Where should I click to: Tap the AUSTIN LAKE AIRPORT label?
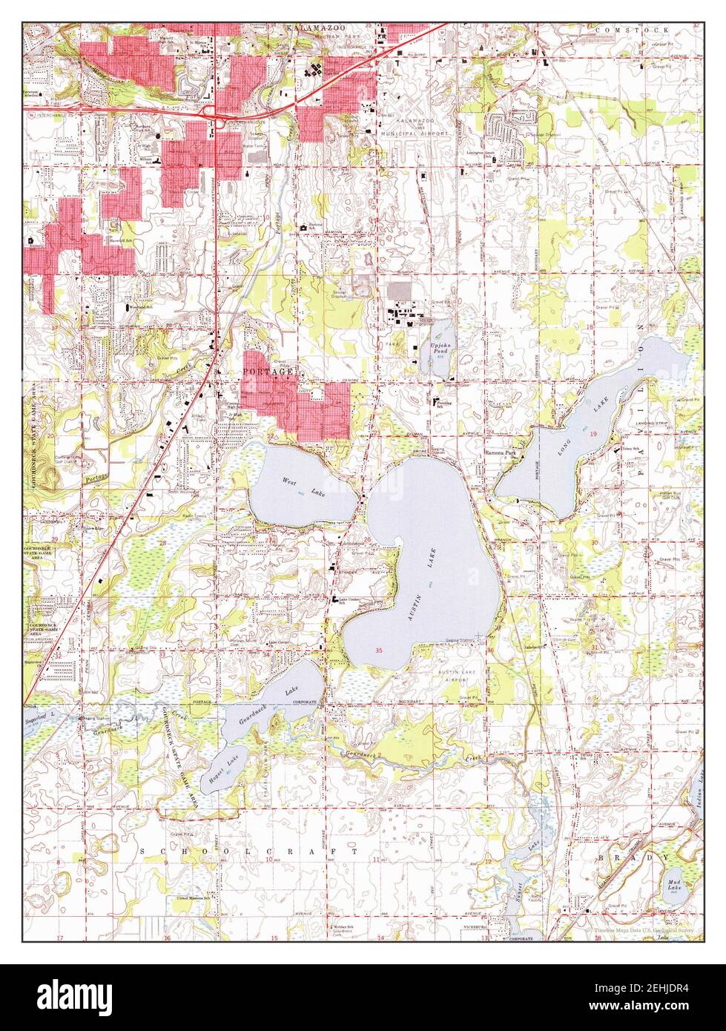tap(460, 676)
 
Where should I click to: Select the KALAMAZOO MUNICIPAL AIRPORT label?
tap(422, 126)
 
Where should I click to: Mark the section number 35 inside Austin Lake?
tap(380, 650)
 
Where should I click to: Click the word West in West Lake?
tap(288, 481)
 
